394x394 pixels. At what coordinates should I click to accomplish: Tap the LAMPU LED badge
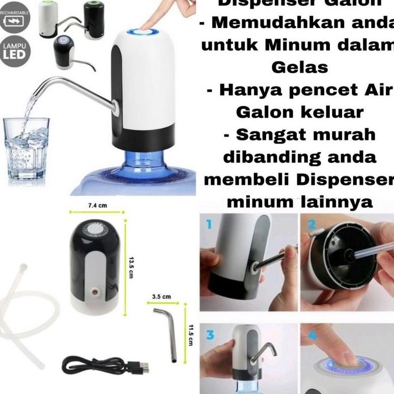(15, 51)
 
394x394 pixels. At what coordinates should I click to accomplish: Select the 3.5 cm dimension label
(162, 296)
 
